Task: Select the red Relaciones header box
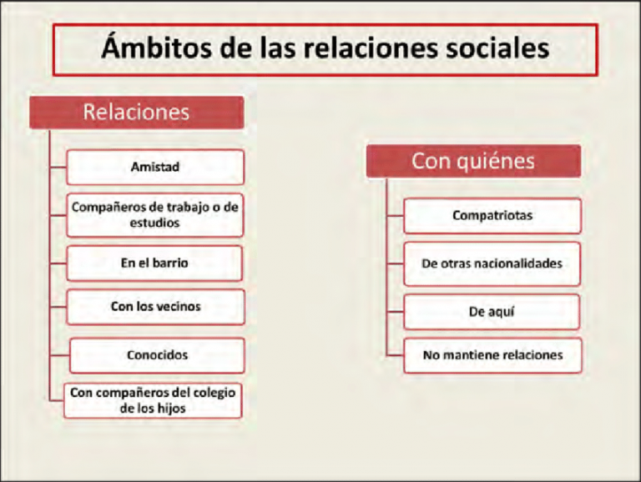pyautogui.click(x=137, y=113)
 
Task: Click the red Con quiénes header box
pyautogui.click(x=473, y=161)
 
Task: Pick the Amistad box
pyautogui.click(x=155, y=167)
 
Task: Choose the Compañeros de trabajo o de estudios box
pyautogui.click(x=155, y=215)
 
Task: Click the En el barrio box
pyautogui.click(x=155, y=263)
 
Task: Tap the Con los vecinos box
pyautogui.click(x=155, y=307)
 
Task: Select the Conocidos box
pyautogui.click(x=157, y=354)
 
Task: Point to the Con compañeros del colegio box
pyautogui.click(x=155, y=399)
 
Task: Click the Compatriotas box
pyautogui.click(x=492, y=215)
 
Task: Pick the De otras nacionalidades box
pyautogui.click(x=492, y=264)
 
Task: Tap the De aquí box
pyautogui.click(x=492, y=311)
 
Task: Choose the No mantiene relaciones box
pyautogui.click(x=492, y=355)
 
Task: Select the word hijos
pyautogui.click(x=176, y=409)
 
